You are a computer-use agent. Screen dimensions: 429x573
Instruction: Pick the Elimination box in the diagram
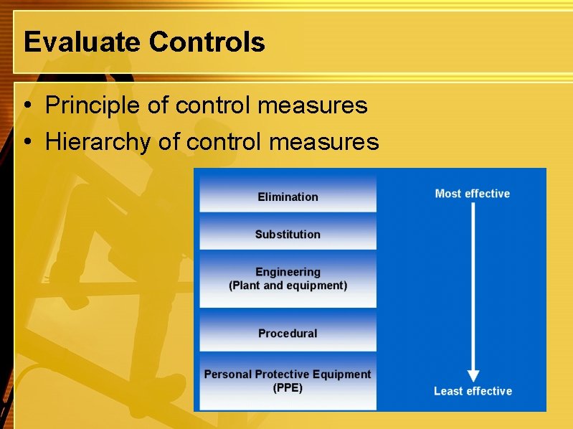(288, 196)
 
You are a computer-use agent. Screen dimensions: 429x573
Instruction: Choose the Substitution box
(288, 234)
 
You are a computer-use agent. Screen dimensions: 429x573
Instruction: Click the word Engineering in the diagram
(288, 272)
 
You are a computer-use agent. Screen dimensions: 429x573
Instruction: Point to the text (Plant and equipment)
(288, 286)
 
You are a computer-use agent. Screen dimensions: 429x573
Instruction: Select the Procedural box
(288, 333)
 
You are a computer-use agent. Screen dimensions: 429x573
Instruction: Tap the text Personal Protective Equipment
(288, 374)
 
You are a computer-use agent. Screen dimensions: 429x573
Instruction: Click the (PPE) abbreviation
(288, 388)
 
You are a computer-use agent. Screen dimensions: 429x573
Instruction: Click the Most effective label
(472, 194)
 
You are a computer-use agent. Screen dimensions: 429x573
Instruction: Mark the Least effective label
(473, 391)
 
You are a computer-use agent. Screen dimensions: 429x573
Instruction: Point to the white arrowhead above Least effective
(473, 375)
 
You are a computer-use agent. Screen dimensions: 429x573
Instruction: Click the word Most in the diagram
(448, 194)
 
